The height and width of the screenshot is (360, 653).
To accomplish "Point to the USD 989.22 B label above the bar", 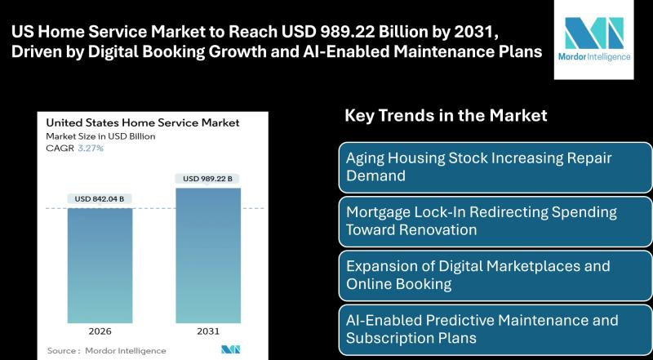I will click(x=208, y=178).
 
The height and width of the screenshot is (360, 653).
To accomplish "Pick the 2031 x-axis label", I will click(x=208, y=333).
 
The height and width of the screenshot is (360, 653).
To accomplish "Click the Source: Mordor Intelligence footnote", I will click(x=95, y=350).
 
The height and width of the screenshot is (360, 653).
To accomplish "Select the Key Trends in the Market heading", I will click(x=446, y=116).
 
